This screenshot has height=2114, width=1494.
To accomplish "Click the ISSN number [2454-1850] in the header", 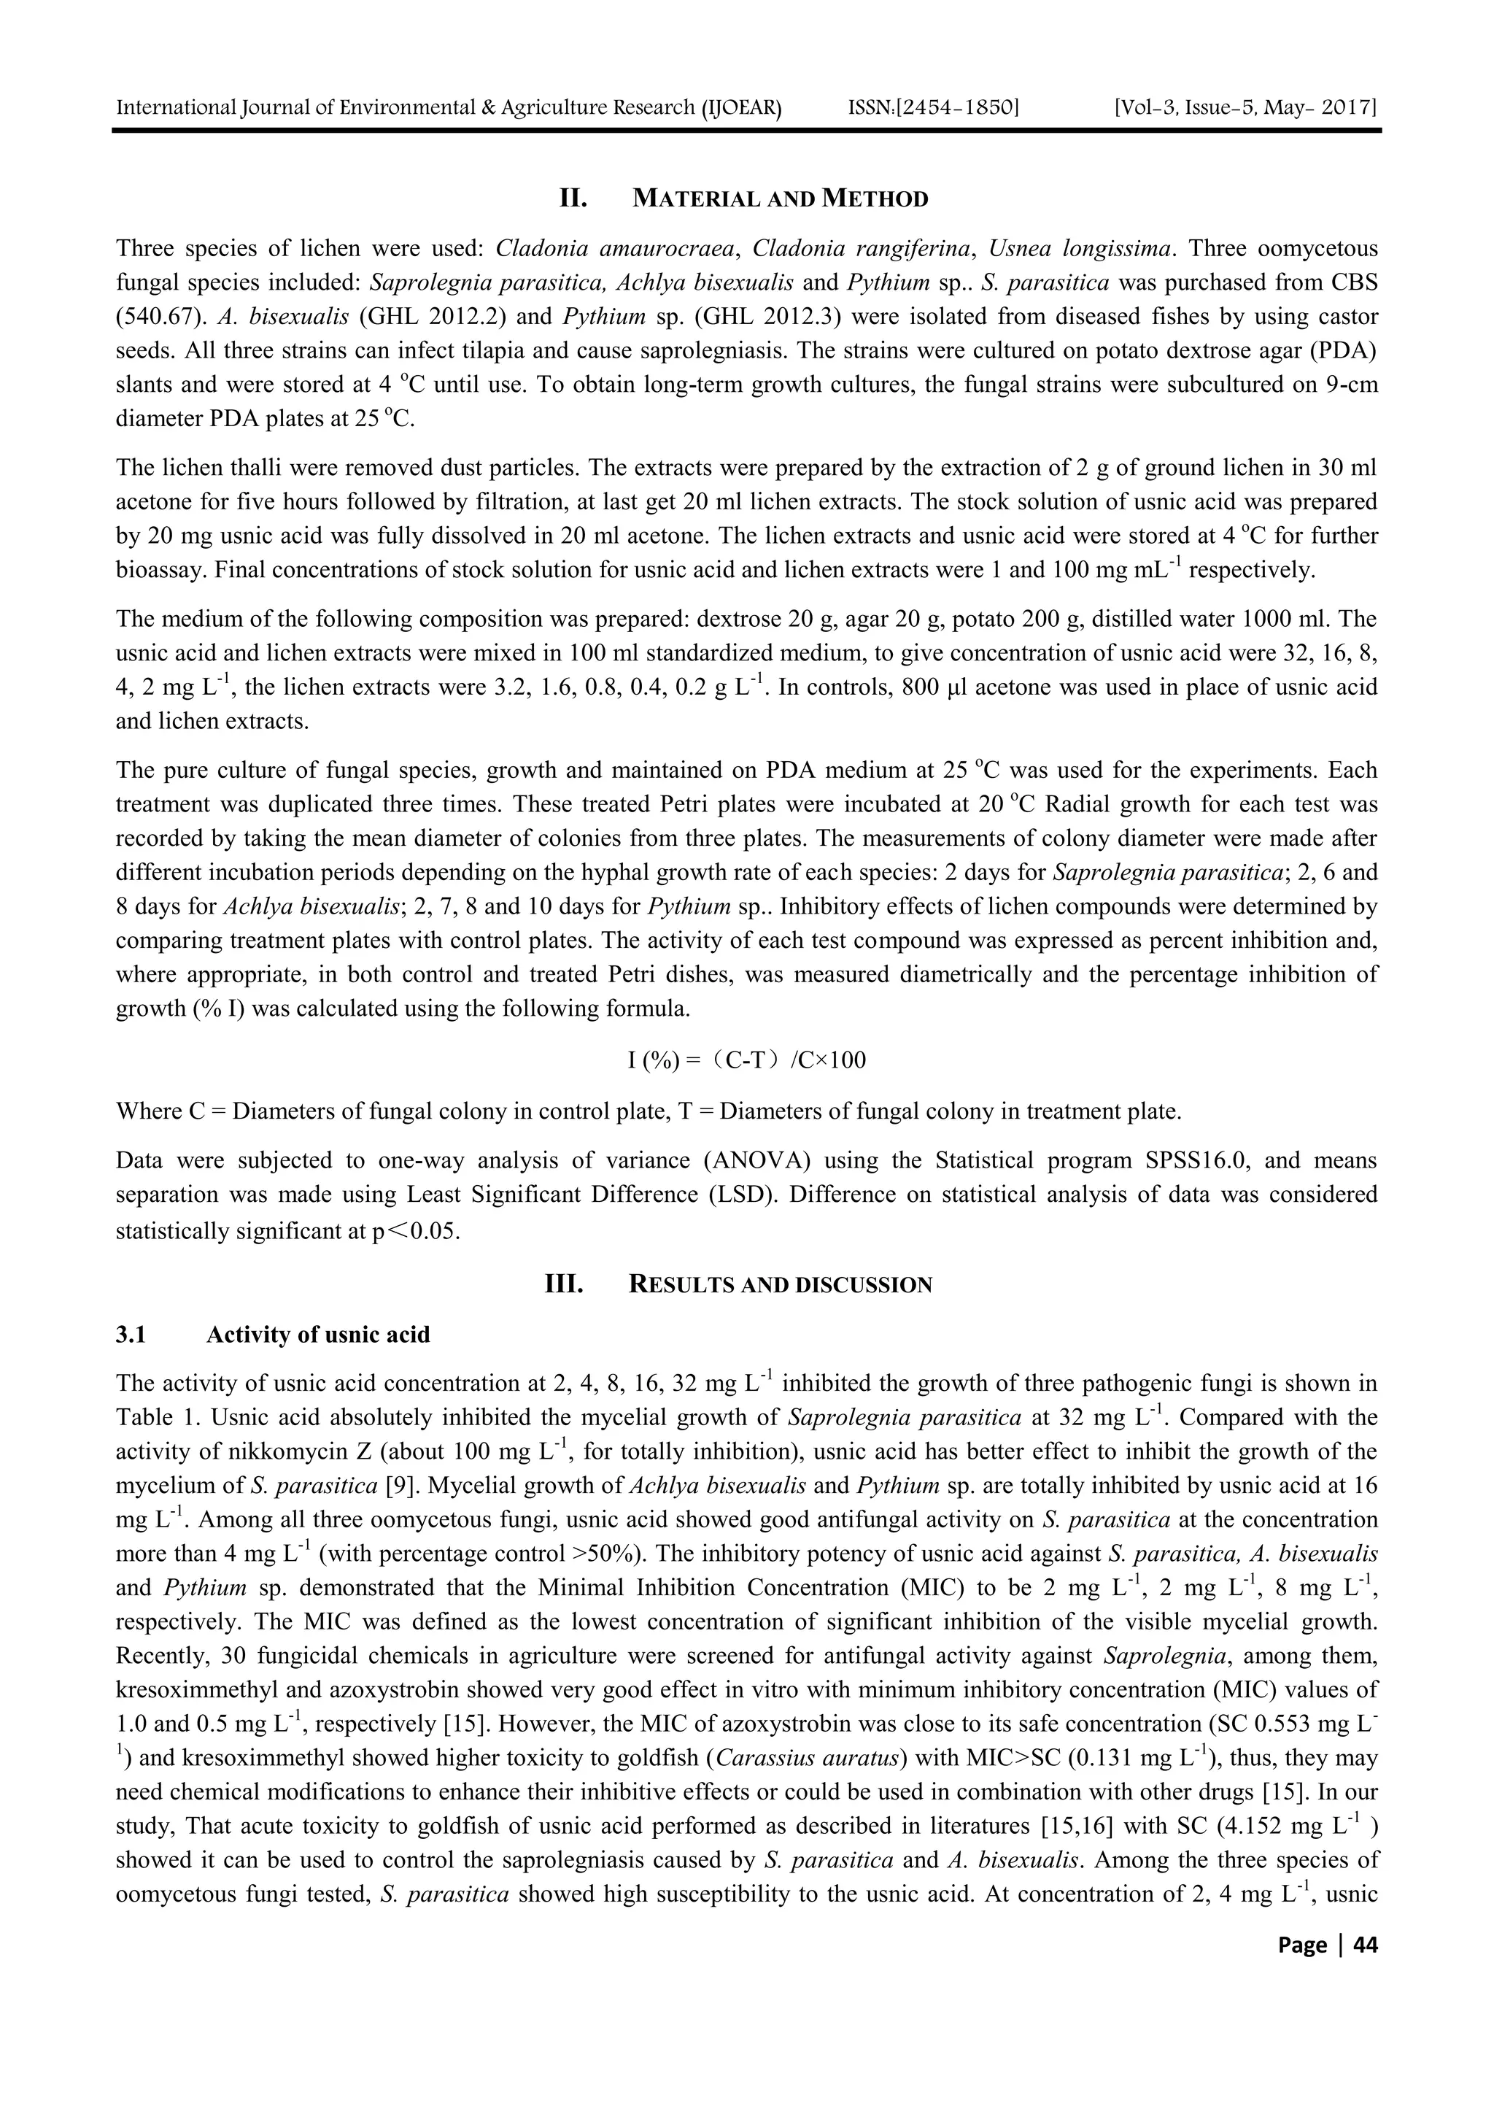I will click(x=934, y=108).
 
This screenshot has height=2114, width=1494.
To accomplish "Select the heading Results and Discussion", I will click(x=780, y=1284).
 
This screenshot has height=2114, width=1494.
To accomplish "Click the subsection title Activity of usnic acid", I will click(x=317, y=1334).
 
